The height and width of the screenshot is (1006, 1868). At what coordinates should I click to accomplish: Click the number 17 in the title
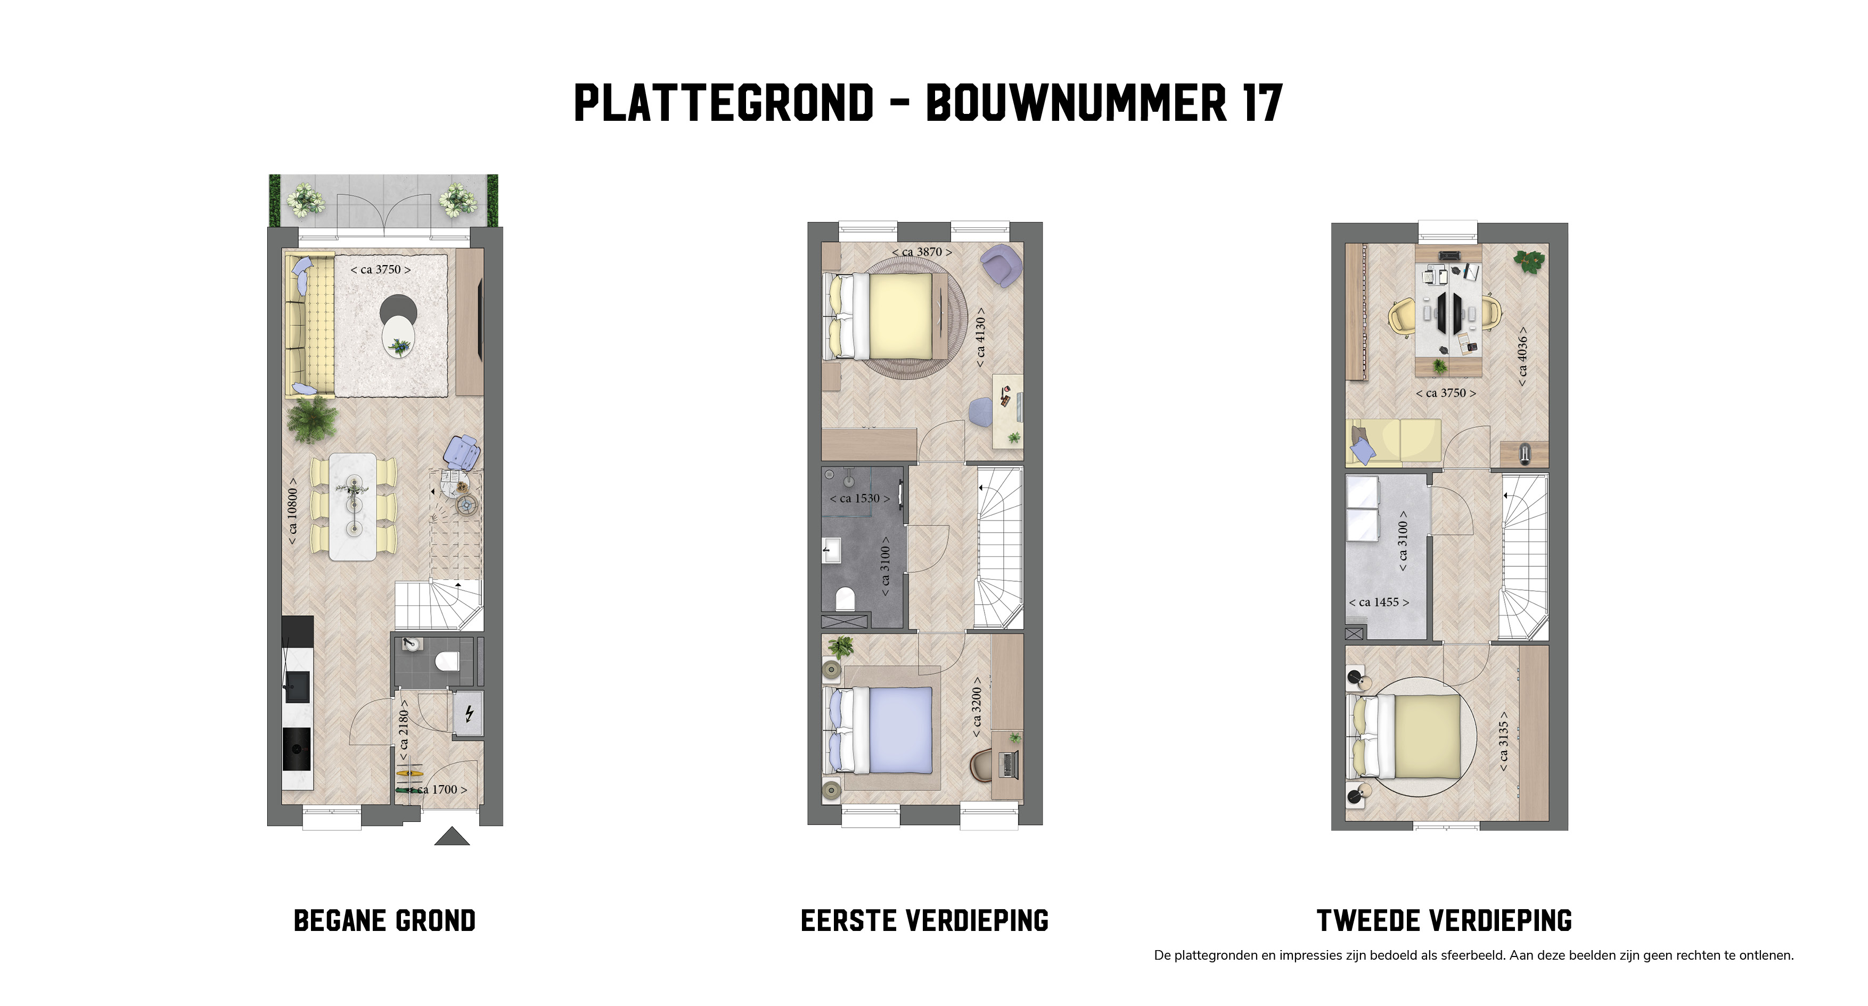(1263, 103)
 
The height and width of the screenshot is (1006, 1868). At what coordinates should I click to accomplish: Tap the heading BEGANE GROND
(384, 920)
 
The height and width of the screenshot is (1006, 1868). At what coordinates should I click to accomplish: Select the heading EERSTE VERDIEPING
(924, 920)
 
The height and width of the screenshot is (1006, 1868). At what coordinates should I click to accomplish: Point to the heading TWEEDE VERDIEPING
(1444, 920)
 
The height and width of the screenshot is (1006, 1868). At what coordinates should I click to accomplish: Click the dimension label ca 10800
(292, 511)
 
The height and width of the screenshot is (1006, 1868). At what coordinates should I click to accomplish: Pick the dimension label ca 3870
(922, 251)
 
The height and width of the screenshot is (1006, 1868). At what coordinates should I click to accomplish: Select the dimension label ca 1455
(1379, 603)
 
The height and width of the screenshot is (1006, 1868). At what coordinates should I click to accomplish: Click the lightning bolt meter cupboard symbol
(469, 714)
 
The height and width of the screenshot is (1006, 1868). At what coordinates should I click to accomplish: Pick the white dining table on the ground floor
(353, 507)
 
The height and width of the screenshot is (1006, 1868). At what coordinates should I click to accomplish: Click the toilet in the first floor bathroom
(845, 599)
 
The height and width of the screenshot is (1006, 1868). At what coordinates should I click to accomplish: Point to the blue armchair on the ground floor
(462, 453)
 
